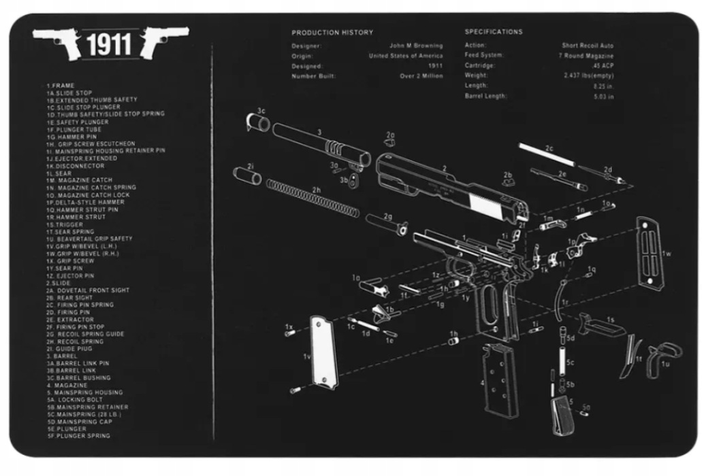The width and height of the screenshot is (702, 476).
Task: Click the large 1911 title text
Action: coord(109,45)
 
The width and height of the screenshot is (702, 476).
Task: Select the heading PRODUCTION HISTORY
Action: coord(332,33)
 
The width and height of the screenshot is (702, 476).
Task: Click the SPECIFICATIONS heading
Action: coord(494,32)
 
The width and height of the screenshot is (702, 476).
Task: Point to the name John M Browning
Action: coord(415,46)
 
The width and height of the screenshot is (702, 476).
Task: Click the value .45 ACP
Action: coord(602,66)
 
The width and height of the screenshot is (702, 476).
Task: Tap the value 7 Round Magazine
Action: coord(586,56)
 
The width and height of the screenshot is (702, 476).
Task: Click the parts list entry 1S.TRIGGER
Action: coord(65,224)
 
